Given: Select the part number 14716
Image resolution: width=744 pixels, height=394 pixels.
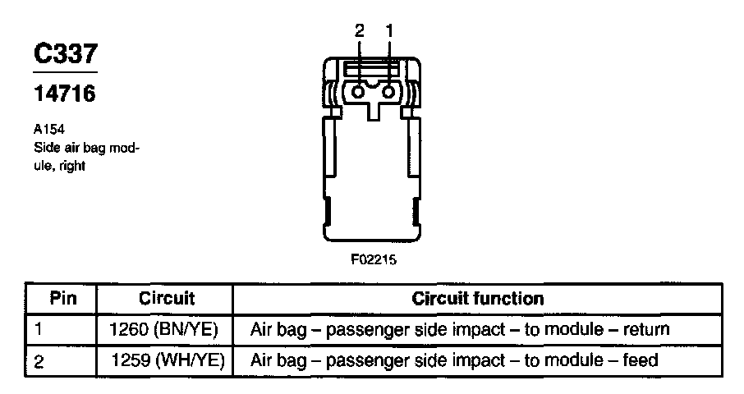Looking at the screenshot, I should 65,94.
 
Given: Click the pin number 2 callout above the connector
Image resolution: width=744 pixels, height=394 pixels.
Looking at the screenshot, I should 359,30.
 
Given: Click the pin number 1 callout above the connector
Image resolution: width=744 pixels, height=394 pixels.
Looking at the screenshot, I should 389,30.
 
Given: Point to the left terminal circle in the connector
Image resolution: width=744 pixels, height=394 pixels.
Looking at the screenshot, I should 359,93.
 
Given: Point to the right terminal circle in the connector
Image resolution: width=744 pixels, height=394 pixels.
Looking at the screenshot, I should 389,93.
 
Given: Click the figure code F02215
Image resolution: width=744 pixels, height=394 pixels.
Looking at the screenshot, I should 374,259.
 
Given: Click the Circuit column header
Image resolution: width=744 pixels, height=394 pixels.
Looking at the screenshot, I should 167,298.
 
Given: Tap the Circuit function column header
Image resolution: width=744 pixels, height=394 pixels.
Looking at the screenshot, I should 477,298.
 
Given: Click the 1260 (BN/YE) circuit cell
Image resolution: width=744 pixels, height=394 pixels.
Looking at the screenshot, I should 167,329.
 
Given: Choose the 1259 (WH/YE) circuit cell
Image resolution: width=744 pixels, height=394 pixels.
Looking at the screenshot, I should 167,360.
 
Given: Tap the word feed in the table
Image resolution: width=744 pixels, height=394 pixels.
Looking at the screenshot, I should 639,360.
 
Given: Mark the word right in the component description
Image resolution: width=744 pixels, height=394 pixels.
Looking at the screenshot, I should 73,165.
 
